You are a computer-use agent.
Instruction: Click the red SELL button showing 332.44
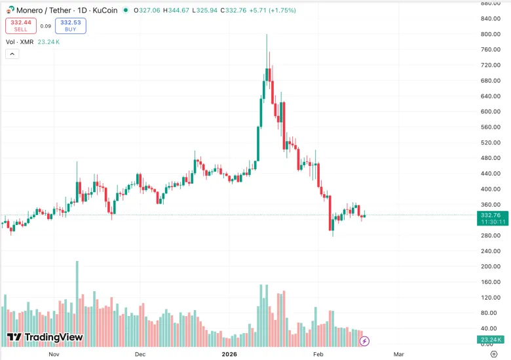point(21,26)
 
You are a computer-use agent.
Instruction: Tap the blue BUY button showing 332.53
point(70,26)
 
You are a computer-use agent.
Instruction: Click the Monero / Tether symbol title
point(44,10)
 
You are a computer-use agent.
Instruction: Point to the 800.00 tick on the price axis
point(491,34)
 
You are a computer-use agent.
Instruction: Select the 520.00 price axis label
point(491,142)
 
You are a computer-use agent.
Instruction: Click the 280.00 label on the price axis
point(491,235)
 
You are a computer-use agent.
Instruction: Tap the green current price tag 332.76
point(493,218)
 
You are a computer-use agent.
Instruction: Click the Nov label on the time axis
point(54,354)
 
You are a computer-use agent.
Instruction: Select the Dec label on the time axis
point(140,354)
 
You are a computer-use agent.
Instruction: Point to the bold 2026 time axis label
point(229,354)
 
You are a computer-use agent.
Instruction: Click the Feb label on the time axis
point(318,354)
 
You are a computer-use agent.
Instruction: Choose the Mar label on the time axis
point(398,354)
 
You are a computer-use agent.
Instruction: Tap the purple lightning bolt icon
point(364,341)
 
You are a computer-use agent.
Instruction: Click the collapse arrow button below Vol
point(12,54)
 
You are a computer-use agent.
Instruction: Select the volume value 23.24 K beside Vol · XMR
point(48,42)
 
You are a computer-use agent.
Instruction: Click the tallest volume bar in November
point(77,304)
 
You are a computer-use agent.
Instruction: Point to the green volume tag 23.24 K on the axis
point(491,340)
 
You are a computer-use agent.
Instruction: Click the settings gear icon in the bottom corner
point(494,354)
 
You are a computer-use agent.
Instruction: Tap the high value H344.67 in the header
point(176,10)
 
